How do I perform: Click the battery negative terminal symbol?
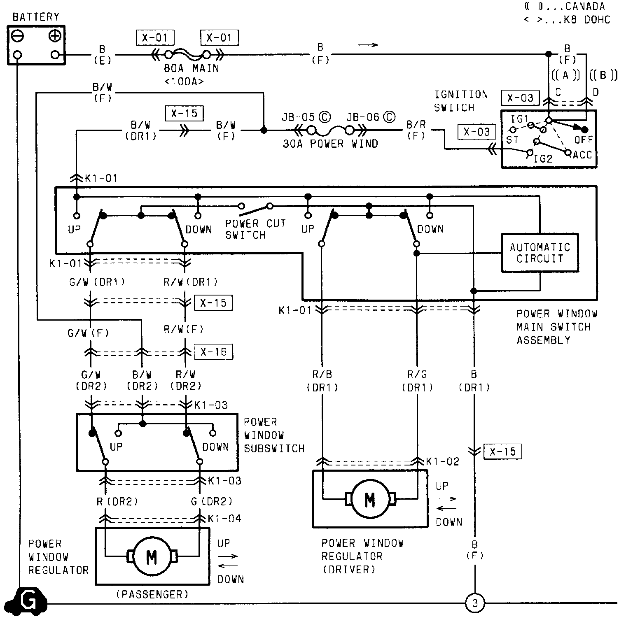[18, 36]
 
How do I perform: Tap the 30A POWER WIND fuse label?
[331, 144]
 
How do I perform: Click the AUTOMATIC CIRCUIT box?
[540, 253]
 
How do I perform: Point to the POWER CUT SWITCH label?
[256, 229]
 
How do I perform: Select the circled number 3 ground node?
[474, 604]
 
